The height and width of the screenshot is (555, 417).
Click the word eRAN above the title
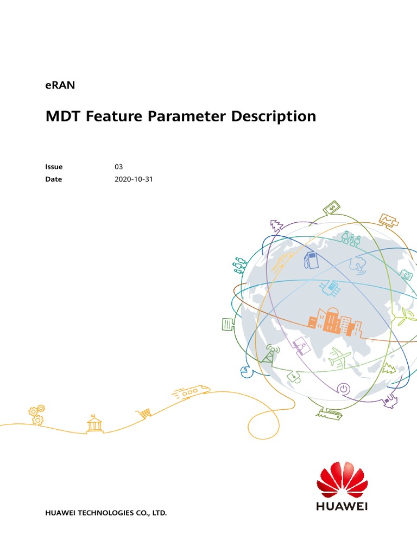click(60, 85)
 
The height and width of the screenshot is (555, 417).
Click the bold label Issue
click(54, 167)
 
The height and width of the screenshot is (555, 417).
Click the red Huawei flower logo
click(342, 479)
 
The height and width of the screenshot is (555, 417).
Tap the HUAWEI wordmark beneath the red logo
click(342, 507)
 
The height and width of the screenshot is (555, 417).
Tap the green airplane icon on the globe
click(340, 358)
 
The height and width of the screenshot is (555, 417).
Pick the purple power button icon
click(343, 388)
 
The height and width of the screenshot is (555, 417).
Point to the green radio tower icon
click(270, 353)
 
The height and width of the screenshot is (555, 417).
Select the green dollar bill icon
click(331, 208)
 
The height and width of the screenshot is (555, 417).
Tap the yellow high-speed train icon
click(191, 392)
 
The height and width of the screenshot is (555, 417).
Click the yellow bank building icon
click(94, 424)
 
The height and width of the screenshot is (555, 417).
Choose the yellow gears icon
click(37, 415)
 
